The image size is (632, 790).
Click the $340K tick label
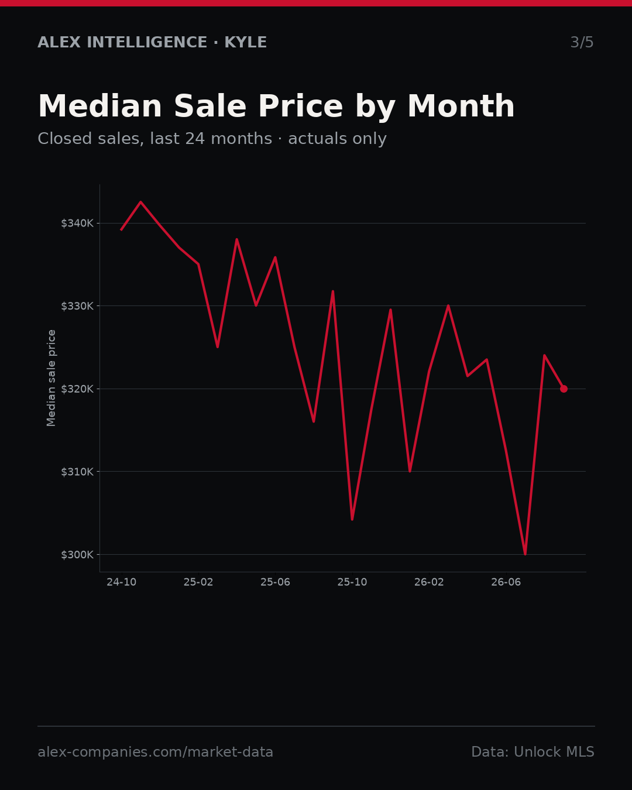[77, 223]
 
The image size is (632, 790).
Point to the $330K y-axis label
[77, 306]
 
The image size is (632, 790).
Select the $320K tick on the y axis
[77, 389]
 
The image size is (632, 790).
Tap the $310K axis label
[77, 471]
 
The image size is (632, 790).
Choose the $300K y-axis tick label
[77, 554]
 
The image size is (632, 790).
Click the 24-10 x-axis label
[122, 582]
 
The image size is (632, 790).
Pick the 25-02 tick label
[198, 582]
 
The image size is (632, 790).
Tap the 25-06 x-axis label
[276, 582]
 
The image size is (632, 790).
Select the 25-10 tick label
[352, 582]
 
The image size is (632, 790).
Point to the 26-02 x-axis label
[429, 582]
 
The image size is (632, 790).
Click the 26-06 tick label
[506, 582]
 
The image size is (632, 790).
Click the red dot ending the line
[564, 389]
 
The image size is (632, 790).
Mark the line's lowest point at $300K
[525, 554]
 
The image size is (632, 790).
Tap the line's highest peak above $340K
[140, 201]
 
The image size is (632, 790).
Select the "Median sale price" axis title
[51, 378]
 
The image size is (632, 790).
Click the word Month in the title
[461, 107]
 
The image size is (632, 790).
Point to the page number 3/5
[582, 42]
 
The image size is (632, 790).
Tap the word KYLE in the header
[245, 42]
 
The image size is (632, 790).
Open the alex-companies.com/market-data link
[155, 752]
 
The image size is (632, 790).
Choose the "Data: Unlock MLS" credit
[533, 752]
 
